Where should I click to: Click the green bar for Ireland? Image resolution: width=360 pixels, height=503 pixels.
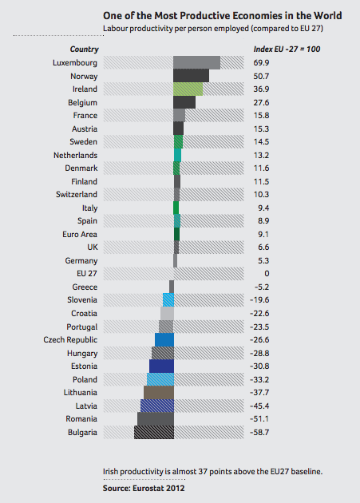(188, 89)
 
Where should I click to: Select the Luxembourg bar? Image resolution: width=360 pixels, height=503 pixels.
(196, 62)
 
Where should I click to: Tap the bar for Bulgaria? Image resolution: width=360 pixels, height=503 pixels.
(154, 432)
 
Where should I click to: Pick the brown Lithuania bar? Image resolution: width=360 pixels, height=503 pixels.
(159, 392)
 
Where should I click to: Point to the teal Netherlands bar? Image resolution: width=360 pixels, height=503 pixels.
(177, 155)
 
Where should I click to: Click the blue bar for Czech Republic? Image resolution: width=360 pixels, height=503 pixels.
(164, 339)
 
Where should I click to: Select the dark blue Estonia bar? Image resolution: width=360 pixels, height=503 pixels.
(162, 366)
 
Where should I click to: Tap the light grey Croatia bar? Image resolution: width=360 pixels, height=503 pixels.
(167, 314)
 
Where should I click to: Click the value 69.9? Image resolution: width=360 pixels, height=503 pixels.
(261, 62)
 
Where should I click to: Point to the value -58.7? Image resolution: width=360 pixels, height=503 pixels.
(259, 432)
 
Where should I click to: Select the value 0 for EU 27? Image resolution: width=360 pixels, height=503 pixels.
(267, 274)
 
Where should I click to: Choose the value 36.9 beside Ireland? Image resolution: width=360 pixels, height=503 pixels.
(261, 89)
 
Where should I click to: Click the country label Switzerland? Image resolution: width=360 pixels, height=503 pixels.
(77, 194)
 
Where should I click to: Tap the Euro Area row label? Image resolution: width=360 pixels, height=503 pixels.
(80, 234)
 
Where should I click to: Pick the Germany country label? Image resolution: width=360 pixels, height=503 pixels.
(81, 261)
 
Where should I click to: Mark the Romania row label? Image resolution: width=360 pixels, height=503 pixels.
(81, 419)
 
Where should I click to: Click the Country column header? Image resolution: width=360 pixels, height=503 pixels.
(85, 49)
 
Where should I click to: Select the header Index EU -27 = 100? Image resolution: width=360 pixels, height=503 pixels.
(287, 49)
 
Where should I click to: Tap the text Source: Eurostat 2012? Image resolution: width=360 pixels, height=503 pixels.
(144, 489)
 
